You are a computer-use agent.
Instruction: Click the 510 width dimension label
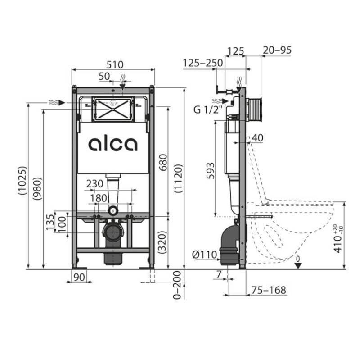pos(114,64)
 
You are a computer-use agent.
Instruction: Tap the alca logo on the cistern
pos(112,144)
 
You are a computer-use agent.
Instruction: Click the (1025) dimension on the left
pos(22,181)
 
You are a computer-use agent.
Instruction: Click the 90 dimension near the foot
pos(80,277)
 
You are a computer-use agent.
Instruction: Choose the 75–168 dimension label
pos(269,290)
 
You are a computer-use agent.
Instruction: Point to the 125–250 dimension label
pos(203,64)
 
